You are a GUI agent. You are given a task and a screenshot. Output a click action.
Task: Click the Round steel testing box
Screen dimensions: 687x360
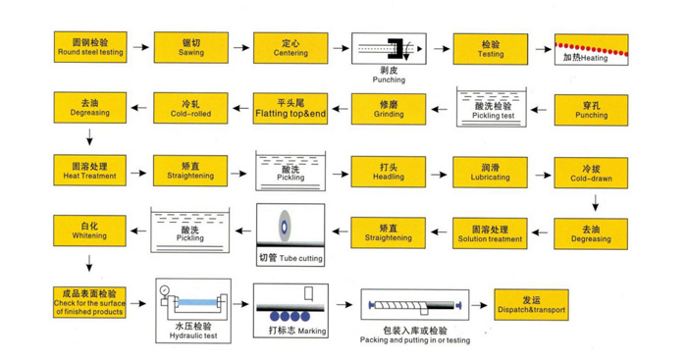point(90,47)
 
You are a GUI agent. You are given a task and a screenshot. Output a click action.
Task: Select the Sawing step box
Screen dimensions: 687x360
point(191,47)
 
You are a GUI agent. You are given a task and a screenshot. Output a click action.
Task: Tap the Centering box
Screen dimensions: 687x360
point(291,48)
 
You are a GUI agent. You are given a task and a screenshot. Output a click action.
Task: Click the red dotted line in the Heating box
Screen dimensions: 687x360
point(591,49)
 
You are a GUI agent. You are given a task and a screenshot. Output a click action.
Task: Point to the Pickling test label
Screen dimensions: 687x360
point(493,116)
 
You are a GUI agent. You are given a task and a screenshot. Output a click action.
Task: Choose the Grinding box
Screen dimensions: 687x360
point(389,109)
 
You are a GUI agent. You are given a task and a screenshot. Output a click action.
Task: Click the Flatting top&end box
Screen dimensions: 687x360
point(291,109)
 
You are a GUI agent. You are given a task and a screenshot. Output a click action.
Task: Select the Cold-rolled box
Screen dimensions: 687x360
point(190,108)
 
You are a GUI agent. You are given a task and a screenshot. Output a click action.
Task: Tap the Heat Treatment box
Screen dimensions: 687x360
point(90,171)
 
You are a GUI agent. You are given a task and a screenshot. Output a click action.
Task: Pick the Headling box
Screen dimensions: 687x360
point(389,172)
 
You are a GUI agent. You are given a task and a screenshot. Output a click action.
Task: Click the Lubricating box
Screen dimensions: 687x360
point(491,172)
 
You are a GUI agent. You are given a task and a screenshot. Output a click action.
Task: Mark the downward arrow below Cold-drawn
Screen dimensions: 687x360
point(595,203)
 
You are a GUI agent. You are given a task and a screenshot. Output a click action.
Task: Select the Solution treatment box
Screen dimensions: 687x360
point(490,233)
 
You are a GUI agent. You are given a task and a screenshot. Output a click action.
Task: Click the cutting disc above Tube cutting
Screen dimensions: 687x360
point(285,227)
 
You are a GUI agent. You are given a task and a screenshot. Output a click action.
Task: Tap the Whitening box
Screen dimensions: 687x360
point(89,231)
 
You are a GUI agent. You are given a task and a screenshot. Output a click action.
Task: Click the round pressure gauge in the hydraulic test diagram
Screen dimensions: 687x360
point(165,290)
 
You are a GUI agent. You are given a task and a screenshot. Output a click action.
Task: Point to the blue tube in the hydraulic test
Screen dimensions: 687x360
point(197,302)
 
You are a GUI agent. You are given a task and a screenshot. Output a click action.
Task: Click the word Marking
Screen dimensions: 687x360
point(311,332)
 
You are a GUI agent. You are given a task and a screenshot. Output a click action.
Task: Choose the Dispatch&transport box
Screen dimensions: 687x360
point(532,305)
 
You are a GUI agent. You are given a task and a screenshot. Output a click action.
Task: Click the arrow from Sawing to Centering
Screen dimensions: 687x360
point(241,47)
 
